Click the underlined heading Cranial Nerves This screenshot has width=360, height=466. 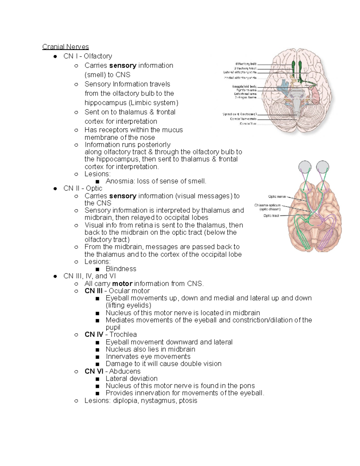pyautogui.click(x=65, y=47)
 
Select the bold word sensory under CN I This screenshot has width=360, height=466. pyautogui.click(x=123, y=65)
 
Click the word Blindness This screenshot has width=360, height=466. pyautogui.click(x=121, y=269)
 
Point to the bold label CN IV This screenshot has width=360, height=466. pyautogui.click(x=94, y=335)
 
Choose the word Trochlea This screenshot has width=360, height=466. pyautogui.click(x=123, y=335)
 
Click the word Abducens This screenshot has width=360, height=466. pyautogui.click(x=124, y=371)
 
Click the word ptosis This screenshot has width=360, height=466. pyautogui.click(x=188, y=401)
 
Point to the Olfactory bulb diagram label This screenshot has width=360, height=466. pyautogui.click(x=246, y=64)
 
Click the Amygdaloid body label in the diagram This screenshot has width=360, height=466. pyautogui.click(x=244, y=86)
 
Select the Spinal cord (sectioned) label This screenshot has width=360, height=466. pyautogui.click(x=239, y=114)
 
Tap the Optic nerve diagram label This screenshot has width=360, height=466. pyautogui.click(x=277, y=197)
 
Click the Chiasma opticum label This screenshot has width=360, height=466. pyautogui.click(x=267, y=206)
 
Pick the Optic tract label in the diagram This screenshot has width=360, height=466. pyautogui.click(x=271, y=216)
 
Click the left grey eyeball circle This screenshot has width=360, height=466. pyautogui.click(x=305, y=167)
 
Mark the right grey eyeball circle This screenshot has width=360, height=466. pyautogui.click(x=322, y=167)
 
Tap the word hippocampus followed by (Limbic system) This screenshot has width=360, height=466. pyautogui.click(x=106, y=103)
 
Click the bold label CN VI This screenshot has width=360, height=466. pyautogui.click(x=94, y=371)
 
